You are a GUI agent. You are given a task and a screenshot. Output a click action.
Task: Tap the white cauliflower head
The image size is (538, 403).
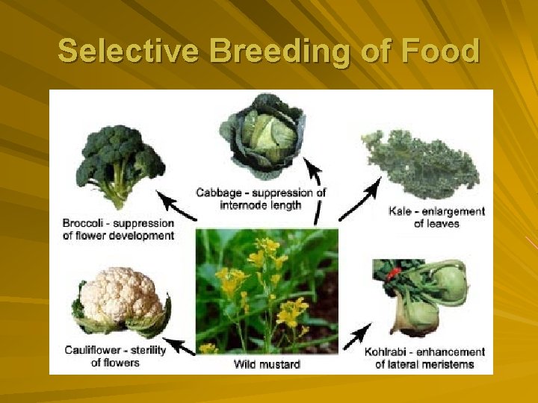[120, 299]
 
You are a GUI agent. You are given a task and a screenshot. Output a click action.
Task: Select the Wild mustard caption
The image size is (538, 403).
[267, 364]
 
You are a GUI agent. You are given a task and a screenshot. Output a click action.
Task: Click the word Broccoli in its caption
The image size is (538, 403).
[85, 223]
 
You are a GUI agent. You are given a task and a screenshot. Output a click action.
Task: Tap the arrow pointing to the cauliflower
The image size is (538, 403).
[178, 346]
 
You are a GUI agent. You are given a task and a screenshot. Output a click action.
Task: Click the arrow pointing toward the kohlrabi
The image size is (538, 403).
[358, 335]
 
